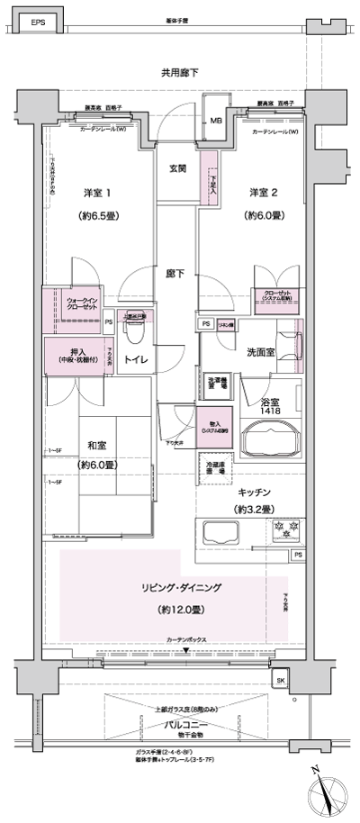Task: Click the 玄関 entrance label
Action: (x=177, y=168)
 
